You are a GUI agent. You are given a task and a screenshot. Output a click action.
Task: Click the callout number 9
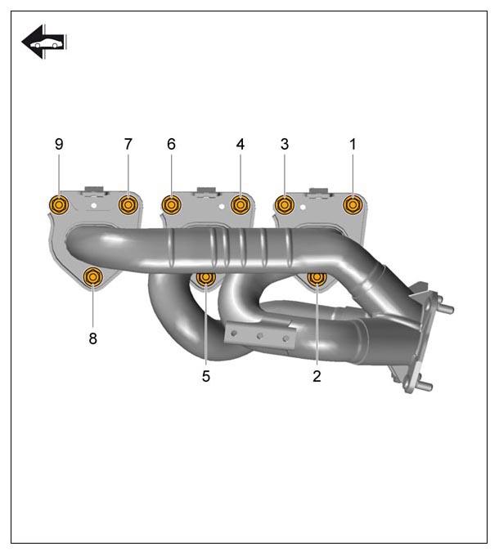(59, 144)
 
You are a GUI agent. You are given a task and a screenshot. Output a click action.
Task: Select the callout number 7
(128, 144)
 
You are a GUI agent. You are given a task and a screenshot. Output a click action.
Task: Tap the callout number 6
(171, 144)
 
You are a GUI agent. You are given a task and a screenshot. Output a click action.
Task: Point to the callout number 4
(241, 144)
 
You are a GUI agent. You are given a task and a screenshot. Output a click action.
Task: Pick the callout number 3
(285, 144)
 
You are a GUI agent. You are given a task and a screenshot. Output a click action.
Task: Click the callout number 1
(353, 144)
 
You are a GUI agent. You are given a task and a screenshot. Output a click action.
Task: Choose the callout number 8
(92, 338)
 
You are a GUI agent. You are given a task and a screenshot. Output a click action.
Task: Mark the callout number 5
(206, 376)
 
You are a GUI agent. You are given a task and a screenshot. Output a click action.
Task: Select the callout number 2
(317, 376)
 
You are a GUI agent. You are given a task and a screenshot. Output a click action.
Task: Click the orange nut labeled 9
(59, 204)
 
